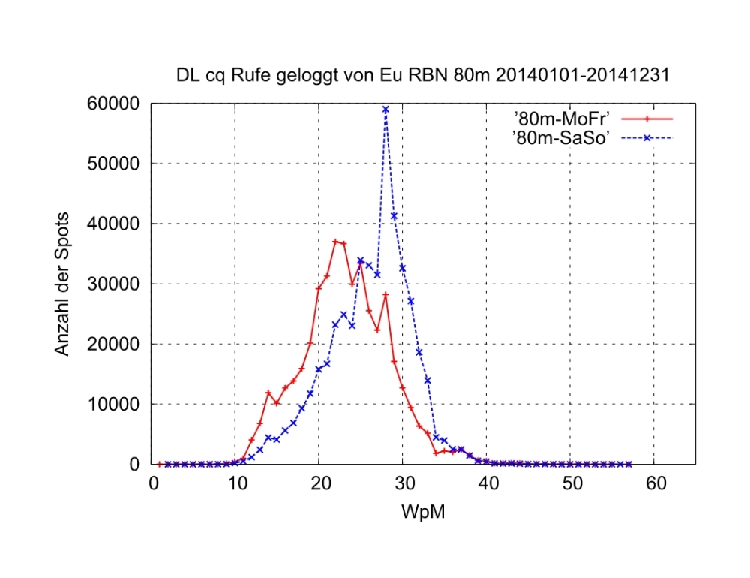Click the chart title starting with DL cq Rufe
[422, 76]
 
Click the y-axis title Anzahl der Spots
[63, 284]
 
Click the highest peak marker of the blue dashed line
[385, 110]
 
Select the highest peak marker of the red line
[335, 242]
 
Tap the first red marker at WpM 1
[160, 464]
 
